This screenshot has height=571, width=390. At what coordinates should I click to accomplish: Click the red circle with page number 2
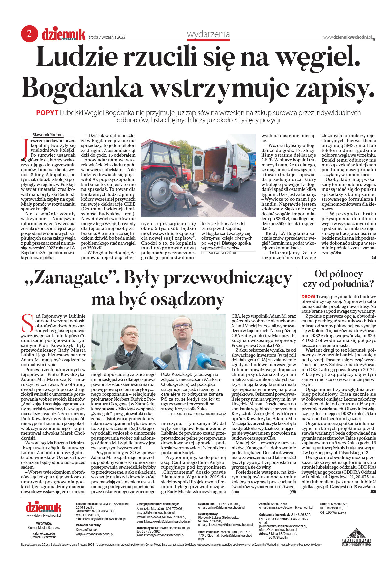(29, 34)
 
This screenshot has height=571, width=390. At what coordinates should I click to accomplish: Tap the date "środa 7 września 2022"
(107, 37)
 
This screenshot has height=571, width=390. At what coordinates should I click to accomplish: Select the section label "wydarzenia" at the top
(208, 34)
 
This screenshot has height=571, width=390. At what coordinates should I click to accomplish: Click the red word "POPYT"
(47, 113)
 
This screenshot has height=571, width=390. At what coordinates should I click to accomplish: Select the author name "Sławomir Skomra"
(48, 135)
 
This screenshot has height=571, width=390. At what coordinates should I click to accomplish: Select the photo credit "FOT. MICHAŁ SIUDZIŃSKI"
(219, 253)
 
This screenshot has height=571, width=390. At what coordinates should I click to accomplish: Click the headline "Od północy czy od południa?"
(338, 279)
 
